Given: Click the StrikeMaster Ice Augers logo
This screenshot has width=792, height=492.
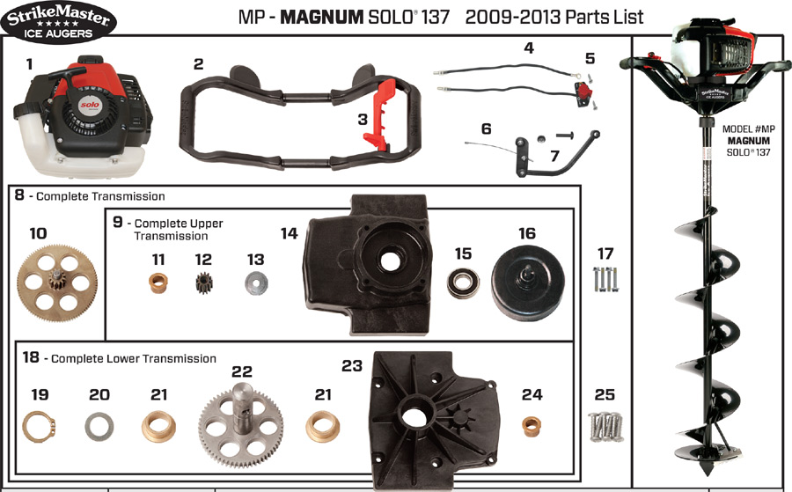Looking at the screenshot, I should [x=57, y=24].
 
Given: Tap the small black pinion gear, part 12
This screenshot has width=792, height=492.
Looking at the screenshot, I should [x=204, y=285].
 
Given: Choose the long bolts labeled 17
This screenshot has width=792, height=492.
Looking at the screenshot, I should [x=605, y=280].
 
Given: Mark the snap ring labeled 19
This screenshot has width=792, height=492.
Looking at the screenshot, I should [x=39, y=429].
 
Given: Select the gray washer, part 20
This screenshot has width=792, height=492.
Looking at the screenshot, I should [x=99, y=429].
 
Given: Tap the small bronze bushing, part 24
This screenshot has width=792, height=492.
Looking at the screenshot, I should [x=532, y=427].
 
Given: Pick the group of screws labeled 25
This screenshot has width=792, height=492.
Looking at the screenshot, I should [x=605, y=428].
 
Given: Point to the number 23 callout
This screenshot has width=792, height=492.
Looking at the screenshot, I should [x=352, y=364].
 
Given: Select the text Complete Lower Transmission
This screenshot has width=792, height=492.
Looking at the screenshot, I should [x=134, y=358].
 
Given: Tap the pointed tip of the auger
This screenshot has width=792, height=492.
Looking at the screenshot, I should [x=709, y=465].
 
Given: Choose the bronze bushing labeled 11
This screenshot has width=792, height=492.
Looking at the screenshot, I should [x=158, y=286].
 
